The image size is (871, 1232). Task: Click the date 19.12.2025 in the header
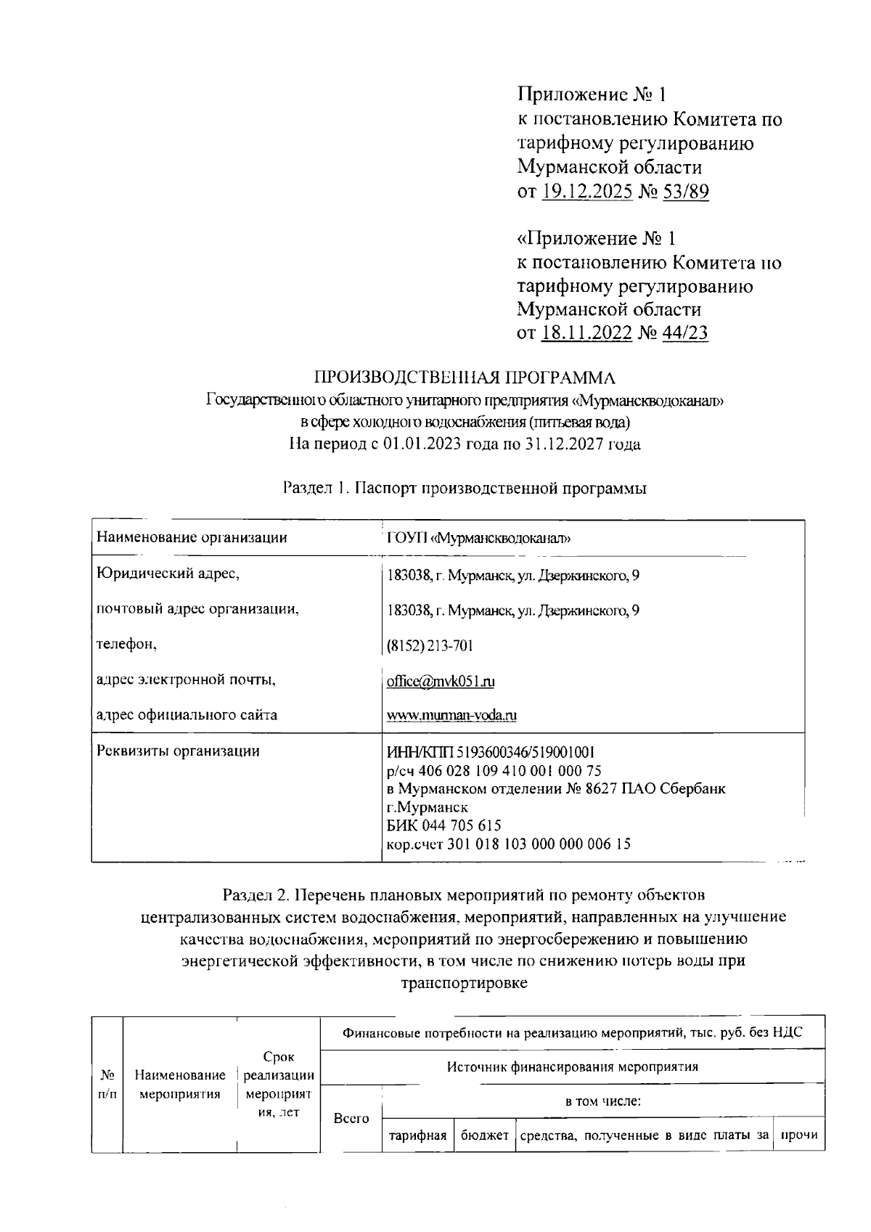point(586,192)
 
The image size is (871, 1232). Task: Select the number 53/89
point(684,192)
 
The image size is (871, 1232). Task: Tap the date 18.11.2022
point(586,333)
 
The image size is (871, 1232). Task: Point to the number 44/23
point(684,333)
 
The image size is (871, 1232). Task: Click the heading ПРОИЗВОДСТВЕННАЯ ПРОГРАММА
point(465,378)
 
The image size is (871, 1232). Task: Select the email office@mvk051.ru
point(441,682)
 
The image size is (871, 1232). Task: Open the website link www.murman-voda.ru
point(451,716)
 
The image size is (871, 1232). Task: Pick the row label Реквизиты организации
point(179,751)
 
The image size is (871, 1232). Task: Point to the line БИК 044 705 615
point(443,826)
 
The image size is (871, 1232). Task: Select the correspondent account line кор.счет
point(509,844)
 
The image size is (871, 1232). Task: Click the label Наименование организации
point(192,538)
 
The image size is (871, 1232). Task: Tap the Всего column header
point(351,1119)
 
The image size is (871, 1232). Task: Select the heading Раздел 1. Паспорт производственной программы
point(465,489)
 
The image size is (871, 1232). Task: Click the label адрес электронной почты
point(187,680)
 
